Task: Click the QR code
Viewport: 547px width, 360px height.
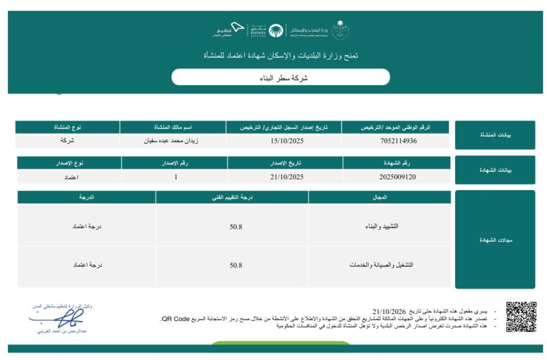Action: click(x=521, y=317)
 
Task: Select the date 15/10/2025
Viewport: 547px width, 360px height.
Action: click(x=284, y=142)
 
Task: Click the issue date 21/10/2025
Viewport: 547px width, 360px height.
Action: click(x=286, y=177)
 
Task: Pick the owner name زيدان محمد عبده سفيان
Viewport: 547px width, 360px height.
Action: click(x=173, y=142)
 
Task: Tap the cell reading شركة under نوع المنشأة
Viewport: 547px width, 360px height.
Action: click(x=67, y=142)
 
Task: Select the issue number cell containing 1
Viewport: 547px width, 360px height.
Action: click(x=176, y=177)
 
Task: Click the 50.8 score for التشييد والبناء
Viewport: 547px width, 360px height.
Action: click(x=236, y=226)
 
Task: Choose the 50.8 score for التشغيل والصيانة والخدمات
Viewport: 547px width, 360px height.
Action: click(x=236, y=265)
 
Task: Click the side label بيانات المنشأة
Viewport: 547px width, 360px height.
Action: click(x=495, y=135)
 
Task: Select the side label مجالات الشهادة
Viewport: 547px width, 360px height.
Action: click(x=495, y=240)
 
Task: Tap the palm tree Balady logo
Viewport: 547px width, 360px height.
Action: click(x=276, y=31)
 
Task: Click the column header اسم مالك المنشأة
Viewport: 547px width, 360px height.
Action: click(x=173, y=128)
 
